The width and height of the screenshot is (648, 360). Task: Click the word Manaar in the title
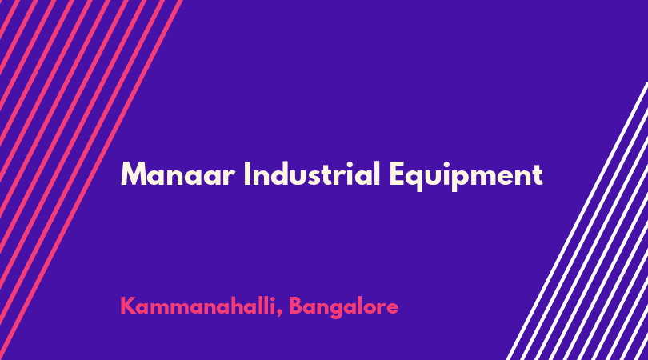point(178,174)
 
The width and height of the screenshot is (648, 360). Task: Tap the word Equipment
point(466,176)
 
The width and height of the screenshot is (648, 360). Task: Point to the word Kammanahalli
point(198,306)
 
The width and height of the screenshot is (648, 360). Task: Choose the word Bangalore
point(343,307)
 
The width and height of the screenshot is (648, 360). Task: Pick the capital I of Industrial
point(246,174)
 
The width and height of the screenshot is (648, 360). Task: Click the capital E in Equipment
point(397,174)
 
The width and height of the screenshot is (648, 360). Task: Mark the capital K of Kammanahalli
point(128,306)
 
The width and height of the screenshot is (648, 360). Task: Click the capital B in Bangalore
point(296,306)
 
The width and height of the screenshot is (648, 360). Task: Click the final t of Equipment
point(538,176)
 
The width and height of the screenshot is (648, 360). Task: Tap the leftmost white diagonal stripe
point(578,221)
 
